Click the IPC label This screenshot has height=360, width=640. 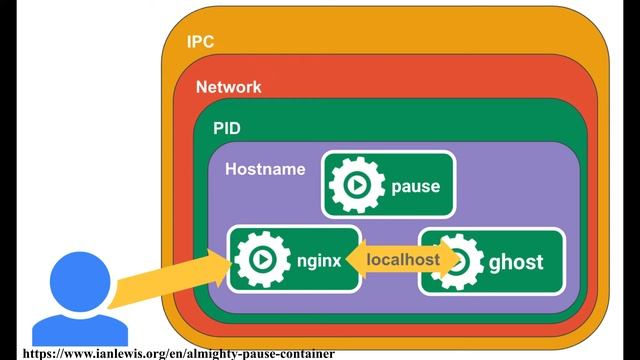(x=200, y=42)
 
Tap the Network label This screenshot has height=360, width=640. (x=228, y=87)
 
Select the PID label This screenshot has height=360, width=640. (x=227, y=129)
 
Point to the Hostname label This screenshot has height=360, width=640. (x=265, y=169)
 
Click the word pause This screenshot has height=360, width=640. (x=415, y=186)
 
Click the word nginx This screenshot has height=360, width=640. (x=319, y=261)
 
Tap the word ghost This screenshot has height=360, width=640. (x=516, y=262)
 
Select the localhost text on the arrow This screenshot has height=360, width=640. (x=402, y=260)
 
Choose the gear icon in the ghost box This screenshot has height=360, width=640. (x=460, y=261)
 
